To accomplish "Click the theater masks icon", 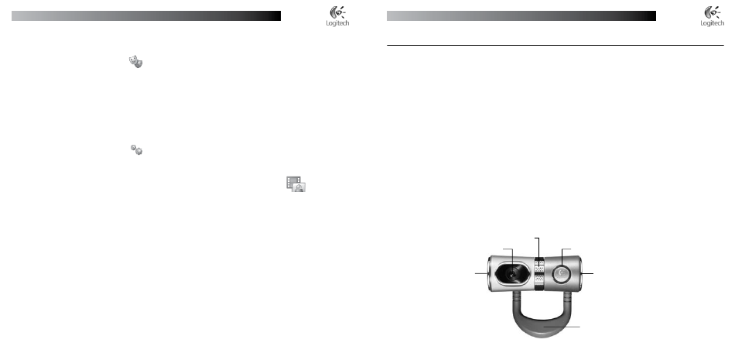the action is [x=135, y=61].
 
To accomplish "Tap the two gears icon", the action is [x=136, y=149].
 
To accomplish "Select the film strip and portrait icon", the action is [x=296, y=184].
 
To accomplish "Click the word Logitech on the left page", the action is [x=337, y=23].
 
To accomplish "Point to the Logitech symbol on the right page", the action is [x=713, y=12].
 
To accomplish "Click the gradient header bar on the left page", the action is [x=146, y=16].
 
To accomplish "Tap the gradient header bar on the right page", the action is [x=521, y=16].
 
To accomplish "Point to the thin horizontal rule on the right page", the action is [x=555, y=46].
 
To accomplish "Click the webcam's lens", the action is [x=514, y=273].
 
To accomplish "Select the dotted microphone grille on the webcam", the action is [x=539, y=273].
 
